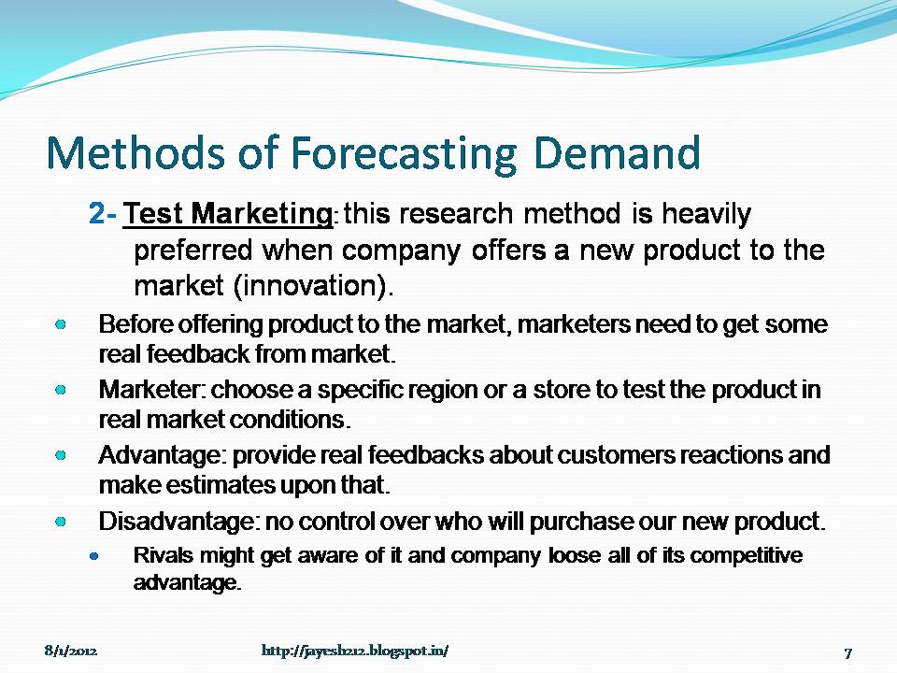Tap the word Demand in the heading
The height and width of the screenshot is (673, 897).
pos(617,154)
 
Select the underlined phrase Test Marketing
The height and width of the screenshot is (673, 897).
pos(228,216)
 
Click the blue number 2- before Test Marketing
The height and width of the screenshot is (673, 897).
pos(103,216)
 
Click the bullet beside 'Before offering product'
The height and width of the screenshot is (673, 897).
pos(60,324)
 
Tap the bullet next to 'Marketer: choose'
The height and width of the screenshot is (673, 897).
pos(60,388)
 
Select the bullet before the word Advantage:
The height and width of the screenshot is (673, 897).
pos(60,455)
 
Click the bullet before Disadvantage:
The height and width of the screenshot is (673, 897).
pos(60,519)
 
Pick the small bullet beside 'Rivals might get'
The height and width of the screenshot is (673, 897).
pos(94,555)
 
